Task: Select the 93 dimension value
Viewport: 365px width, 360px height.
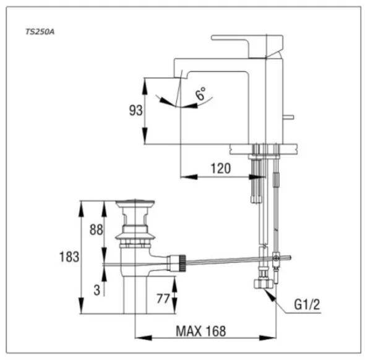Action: pyautogui.click(x=135, y=110)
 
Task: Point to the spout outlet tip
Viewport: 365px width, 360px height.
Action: pyautogui.click(x=178, y=77)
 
